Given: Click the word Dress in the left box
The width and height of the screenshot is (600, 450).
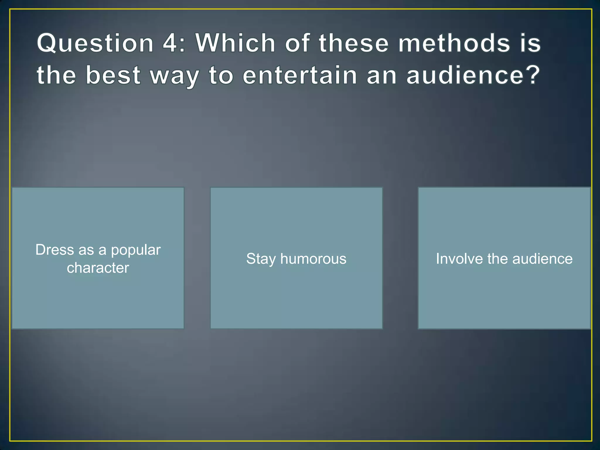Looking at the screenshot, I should [55, 250].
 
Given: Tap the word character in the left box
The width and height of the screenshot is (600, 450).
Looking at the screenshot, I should [98, 268].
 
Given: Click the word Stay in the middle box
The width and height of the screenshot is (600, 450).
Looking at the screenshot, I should [261, 259].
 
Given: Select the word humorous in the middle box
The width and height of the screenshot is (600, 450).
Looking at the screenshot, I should [313, 259].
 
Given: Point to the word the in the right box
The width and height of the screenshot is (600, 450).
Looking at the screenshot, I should [498, 259].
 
